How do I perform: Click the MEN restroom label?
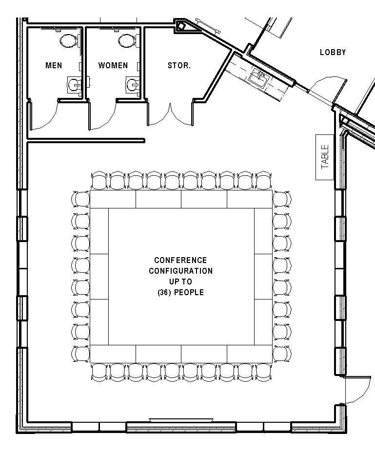54,65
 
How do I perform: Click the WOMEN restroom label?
113,65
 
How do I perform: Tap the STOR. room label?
179,65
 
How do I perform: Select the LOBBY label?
333,52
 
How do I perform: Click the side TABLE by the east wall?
325,157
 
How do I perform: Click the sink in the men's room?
74,85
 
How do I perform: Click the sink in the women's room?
133,85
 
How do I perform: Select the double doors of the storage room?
170,114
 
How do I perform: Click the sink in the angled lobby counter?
258,76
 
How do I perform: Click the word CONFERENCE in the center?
180,260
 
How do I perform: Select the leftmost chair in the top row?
99,181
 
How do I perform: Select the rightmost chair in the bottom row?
263,372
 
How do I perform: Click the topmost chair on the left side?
80,199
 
